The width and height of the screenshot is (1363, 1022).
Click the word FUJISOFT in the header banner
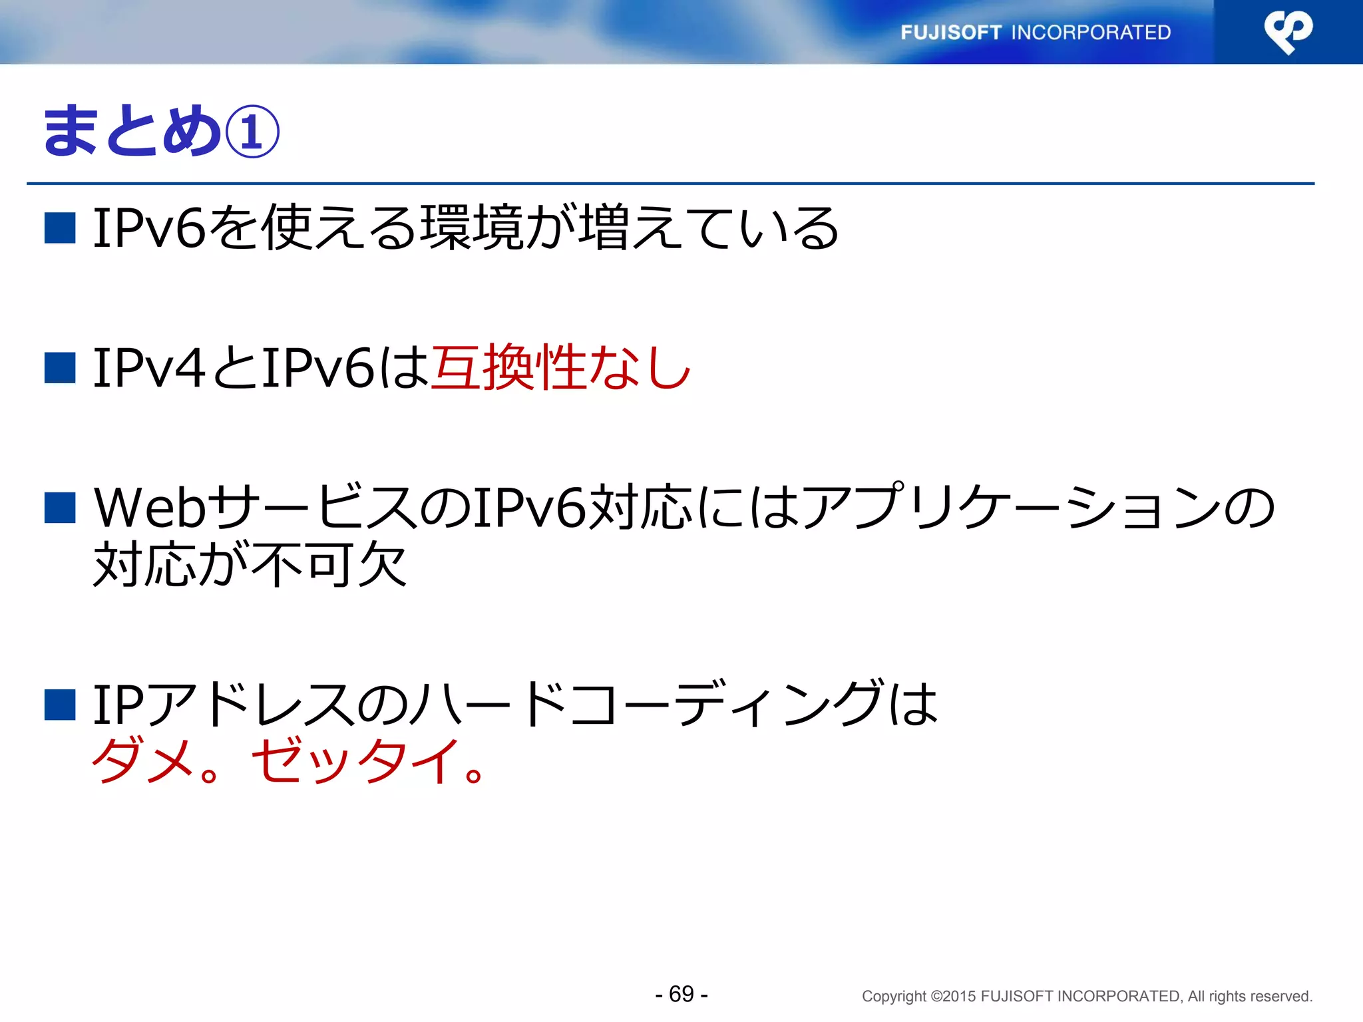[x=951, y=33]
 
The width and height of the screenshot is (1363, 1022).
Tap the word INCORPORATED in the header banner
[x=1091, y=33]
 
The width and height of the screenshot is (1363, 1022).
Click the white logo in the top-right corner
[x=1288, y=31]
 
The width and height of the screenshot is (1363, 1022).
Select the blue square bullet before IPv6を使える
[x=60, y=228]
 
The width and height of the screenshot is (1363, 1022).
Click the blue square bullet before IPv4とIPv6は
[x=60, y=368]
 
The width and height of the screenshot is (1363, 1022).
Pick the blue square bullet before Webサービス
[x=60, y=508]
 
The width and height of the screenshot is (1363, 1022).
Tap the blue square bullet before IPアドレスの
[x=60, y=705]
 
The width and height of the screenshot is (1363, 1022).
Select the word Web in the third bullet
[x=150, y=508]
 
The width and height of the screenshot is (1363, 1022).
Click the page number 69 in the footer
[x=681, y=994]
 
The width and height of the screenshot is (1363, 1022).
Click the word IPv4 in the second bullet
[x=149, y=368]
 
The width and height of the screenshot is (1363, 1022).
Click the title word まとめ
[x=132, y=132]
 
